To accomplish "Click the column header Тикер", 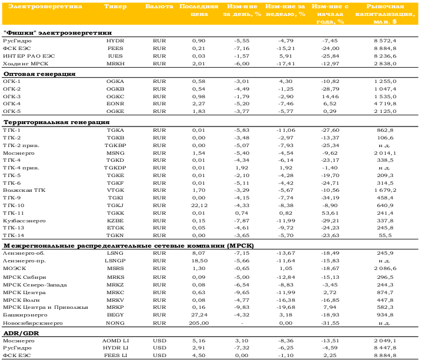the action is click(x=115, y=6).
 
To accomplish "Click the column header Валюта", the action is click(x=159, y=6).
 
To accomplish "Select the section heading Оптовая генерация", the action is click(x=39, y=74).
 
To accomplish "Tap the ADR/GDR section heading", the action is click(x=21, y=334).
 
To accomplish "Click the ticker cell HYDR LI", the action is click(x=115, y=348).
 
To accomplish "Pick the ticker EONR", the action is click(x=115, y=104).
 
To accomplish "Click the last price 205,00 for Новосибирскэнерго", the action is click(x=199, y=323).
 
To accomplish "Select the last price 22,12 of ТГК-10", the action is click(x=199, y=205).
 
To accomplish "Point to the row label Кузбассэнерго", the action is click(x=24, y=221).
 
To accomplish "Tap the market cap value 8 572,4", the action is click(x=385, y=41).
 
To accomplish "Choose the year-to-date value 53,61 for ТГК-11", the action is click(x=330, y=213).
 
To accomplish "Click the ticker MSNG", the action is click(x=115, y=153).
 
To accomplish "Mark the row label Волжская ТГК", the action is click(x=24, y=190).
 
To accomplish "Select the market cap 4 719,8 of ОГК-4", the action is click(x=385, y=104).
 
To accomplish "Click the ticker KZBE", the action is click(x=115, y=221).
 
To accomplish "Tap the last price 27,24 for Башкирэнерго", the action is click(x=199, y=315).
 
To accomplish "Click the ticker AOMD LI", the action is click(x=115, y=341).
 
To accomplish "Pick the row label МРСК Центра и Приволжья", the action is click(x=45, y=307).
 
